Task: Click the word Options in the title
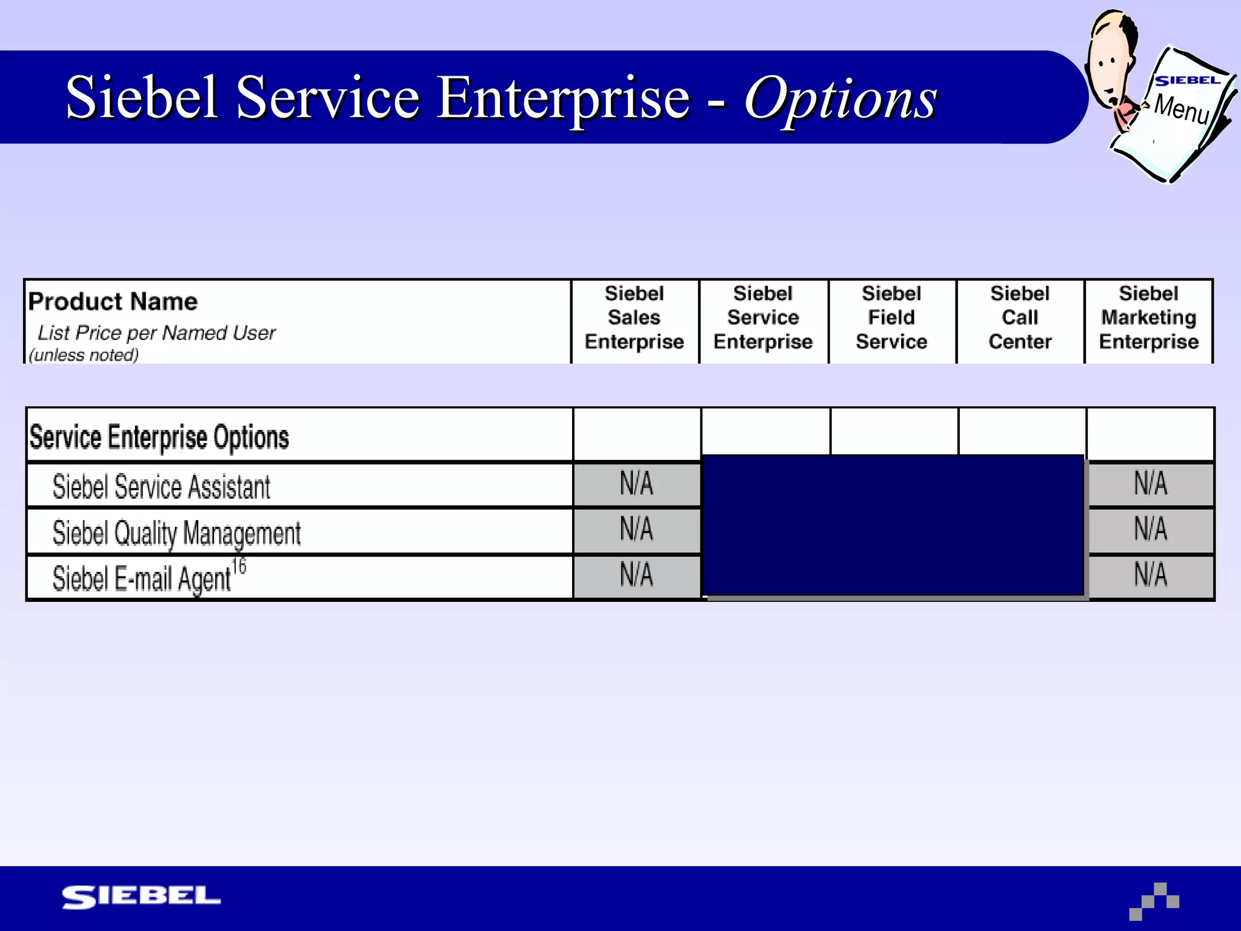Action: (x=841, y=98)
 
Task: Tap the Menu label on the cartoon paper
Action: (x=1181, y=108)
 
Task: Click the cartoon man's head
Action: (x=1111, y=58)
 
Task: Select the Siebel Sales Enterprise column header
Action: (x=634, y=318)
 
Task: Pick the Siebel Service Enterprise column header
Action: (x=763, y=318)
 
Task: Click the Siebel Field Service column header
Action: (x=891, y=318)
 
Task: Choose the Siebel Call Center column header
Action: (x=1020, y=318)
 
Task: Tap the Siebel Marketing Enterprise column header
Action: (x=1148, y=318)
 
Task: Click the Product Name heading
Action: (x=113, y=301)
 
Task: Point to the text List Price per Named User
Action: (x=156, y=333)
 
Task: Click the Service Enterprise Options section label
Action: (x=159, y=437)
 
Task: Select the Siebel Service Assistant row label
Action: (x=161, y=487)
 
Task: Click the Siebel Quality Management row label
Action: (x=176, y=533)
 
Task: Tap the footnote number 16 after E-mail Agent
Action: (x=239, y=566)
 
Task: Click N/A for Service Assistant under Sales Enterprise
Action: (x=636, y=484)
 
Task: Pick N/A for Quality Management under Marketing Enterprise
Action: (x=1150, y=529)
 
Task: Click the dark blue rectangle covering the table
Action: (x=893, y=525)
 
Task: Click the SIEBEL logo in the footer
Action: (x=141, y=897)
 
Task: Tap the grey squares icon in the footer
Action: (x=1154, y=901)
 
